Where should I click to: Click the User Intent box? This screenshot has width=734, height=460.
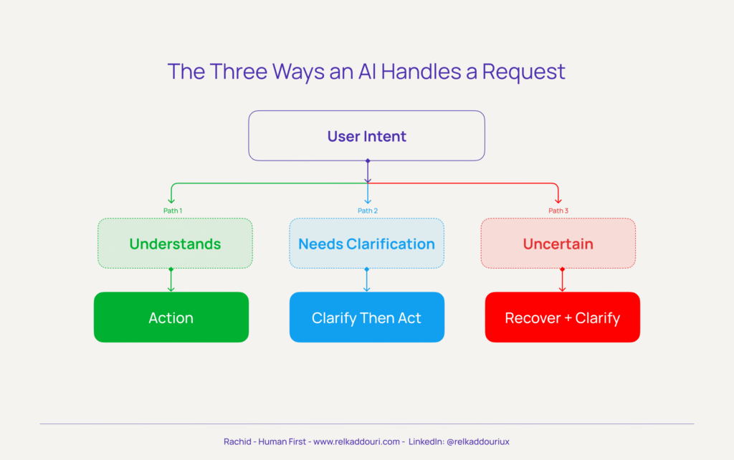click(x=366, y=135)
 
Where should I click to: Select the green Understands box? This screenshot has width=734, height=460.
click(x=175, y=244)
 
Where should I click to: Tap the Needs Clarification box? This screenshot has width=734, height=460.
click(x=366, y=244)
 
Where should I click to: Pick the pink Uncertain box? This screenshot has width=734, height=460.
click(x=558, y=244)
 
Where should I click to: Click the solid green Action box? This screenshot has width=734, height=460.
click(x=171, y=317)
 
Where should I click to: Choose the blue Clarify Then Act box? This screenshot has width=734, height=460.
click(x=366, y=317)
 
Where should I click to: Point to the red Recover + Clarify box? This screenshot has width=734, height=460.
click(x=562, y=317)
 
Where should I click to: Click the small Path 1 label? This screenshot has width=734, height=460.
click(x=173, y=211)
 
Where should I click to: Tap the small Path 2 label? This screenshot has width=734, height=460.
click(x=367, y=211)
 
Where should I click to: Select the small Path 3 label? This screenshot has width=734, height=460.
click(x=558, y=211)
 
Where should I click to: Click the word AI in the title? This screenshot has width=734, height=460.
click(x=376, y=72)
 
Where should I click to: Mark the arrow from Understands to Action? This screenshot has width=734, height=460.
click(x=171, y=280)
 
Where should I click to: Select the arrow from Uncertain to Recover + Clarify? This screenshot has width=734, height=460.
click(x=562, y=280)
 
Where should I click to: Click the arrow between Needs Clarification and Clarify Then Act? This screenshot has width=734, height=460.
click(x=367, y=280)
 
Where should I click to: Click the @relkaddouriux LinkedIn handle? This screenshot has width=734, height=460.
click(x=478, y=442)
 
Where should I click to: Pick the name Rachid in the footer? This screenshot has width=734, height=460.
click(x=237, y=442)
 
